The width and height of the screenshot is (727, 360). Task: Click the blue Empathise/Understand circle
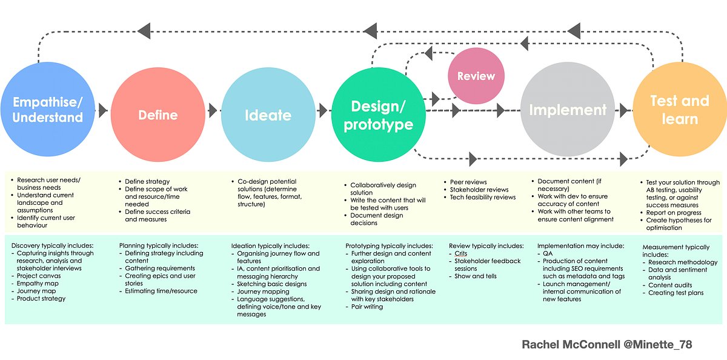click(47, 110)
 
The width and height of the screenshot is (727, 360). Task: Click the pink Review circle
click(476, 76)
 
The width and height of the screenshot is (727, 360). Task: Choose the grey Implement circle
click(568, 110)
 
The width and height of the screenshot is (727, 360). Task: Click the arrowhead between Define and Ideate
click(213, 110)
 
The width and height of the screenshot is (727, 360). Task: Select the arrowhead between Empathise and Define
click(103, 110)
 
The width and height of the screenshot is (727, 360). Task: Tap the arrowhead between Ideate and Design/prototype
click(322, 110)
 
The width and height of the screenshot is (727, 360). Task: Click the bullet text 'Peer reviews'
click(468, 182)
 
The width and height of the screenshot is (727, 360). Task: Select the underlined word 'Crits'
click(461, 253)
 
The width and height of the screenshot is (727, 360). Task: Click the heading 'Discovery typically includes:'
click(52, 245)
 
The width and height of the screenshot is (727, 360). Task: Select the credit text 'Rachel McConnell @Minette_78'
click(606, 344)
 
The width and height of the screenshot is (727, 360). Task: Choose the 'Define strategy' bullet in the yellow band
click(147, 181)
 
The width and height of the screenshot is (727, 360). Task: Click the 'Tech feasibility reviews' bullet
click(483, 197)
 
